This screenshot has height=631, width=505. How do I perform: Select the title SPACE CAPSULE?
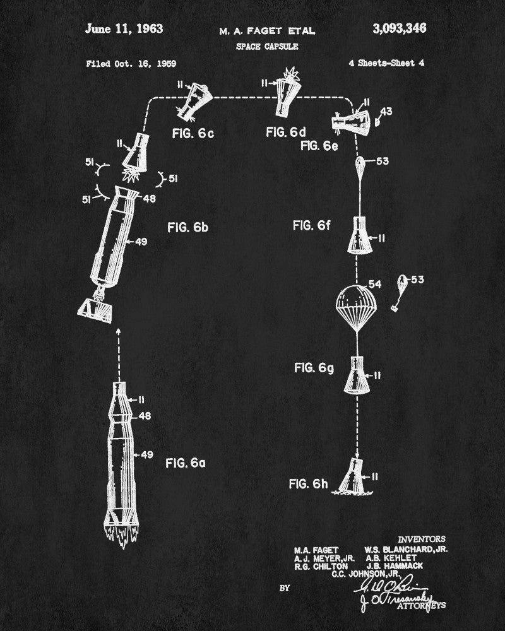pos(267,46)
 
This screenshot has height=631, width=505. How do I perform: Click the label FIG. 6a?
pos(185,463)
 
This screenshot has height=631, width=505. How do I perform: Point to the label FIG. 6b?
pos(187,228)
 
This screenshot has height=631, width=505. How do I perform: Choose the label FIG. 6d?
pos(286,132)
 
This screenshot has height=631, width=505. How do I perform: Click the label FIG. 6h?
pos(307,484)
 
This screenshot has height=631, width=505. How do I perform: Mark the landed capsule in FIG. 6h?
pos(354,476)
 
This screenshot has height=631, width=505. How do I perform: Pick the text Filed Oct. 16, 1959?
pos(131,64)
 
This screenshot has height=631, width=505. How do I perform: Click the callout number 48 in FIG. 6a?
pos(146,416)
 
